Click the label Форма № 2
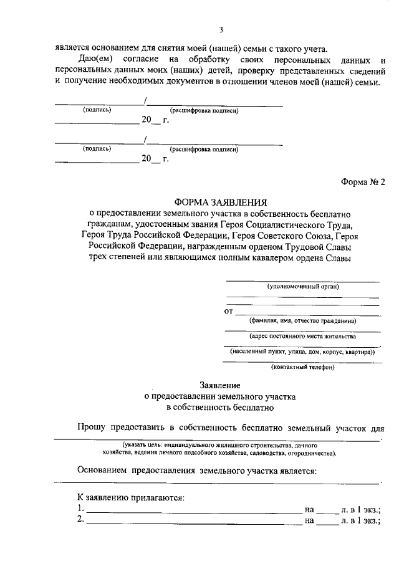coord(363,182)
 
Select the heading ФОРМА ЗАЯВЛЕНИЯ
coord(220,203)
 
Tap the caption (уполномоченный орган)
coord(303,286)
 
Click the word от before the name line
coord(228,310)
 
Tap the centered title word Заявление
coord(220,386)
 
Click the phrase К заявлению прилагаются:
coord(130,498)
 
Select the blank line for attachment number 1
coord(193,512)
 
